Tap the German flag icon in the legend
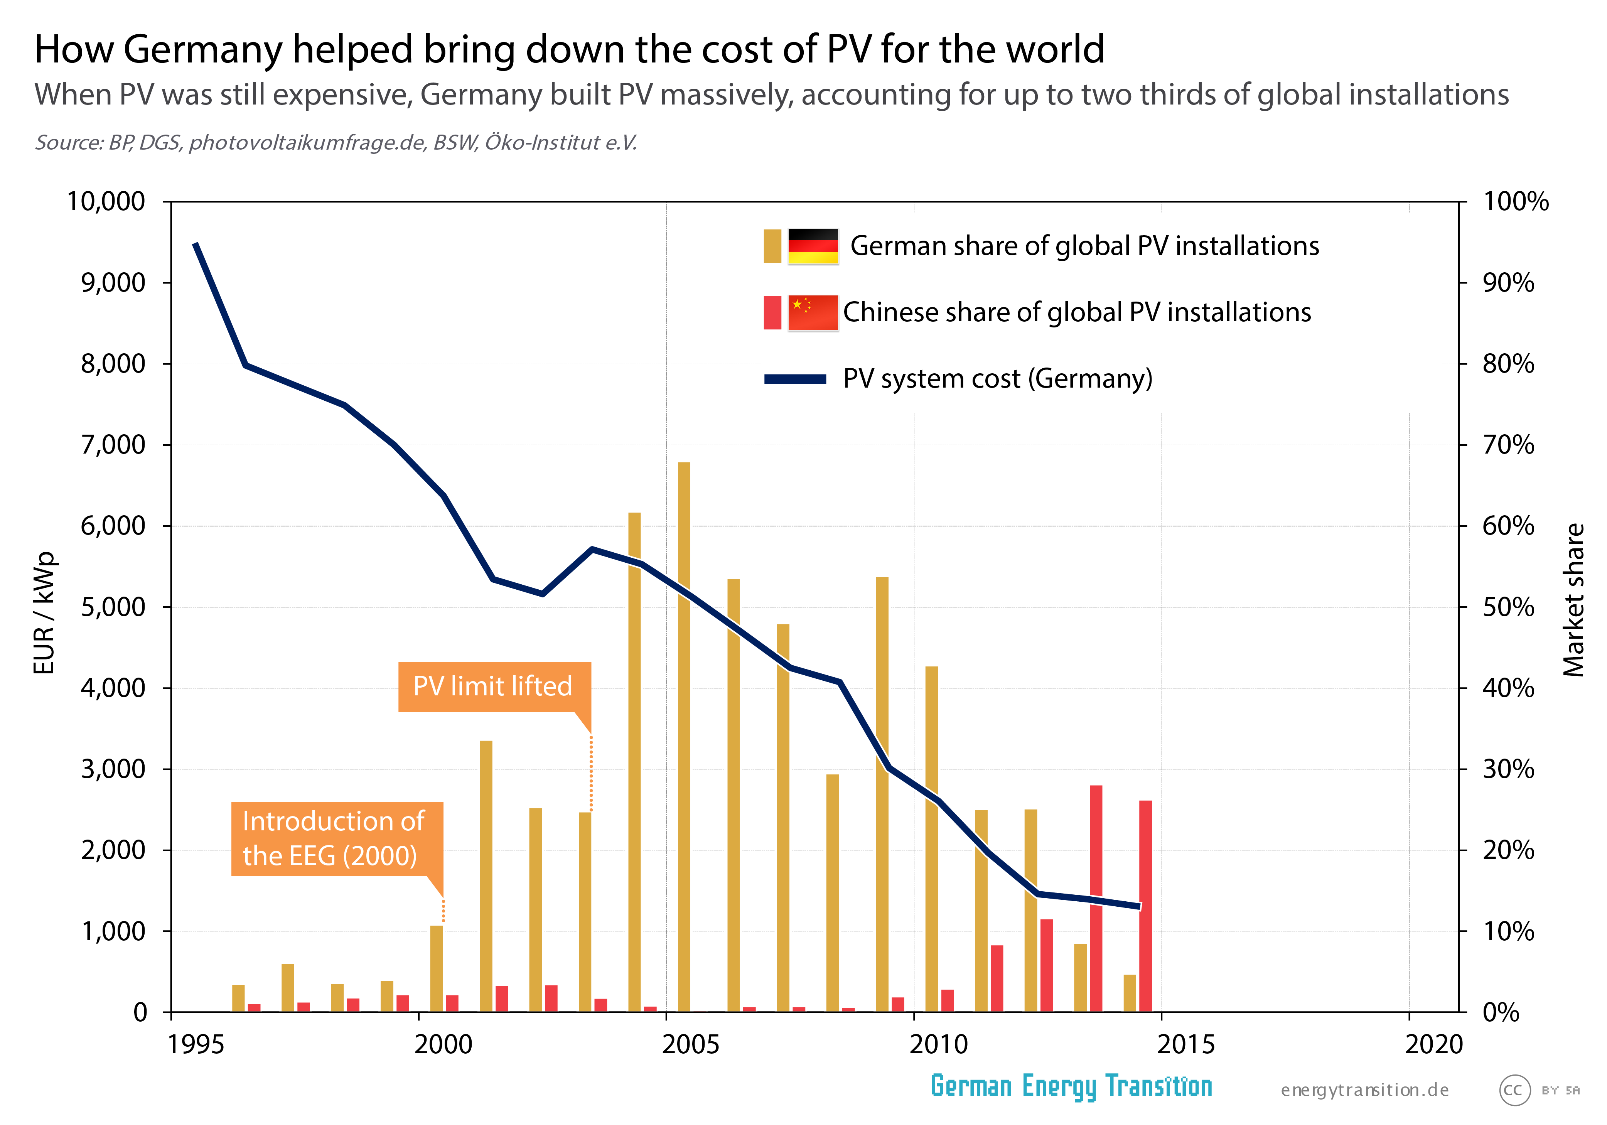[813, 246]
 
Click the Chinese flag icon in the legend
[813, 312]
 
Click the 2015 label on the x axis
[1185, 1044]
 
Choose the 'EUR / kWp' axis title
[44, 612]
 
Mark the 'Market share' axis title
[1573, 600]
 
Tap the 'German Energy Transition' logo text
[1071, 1086]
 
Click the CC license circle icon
[1514, 1090]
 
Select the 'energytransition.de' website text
[1364, 1090]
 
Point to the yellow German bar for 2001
[486, 875]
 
